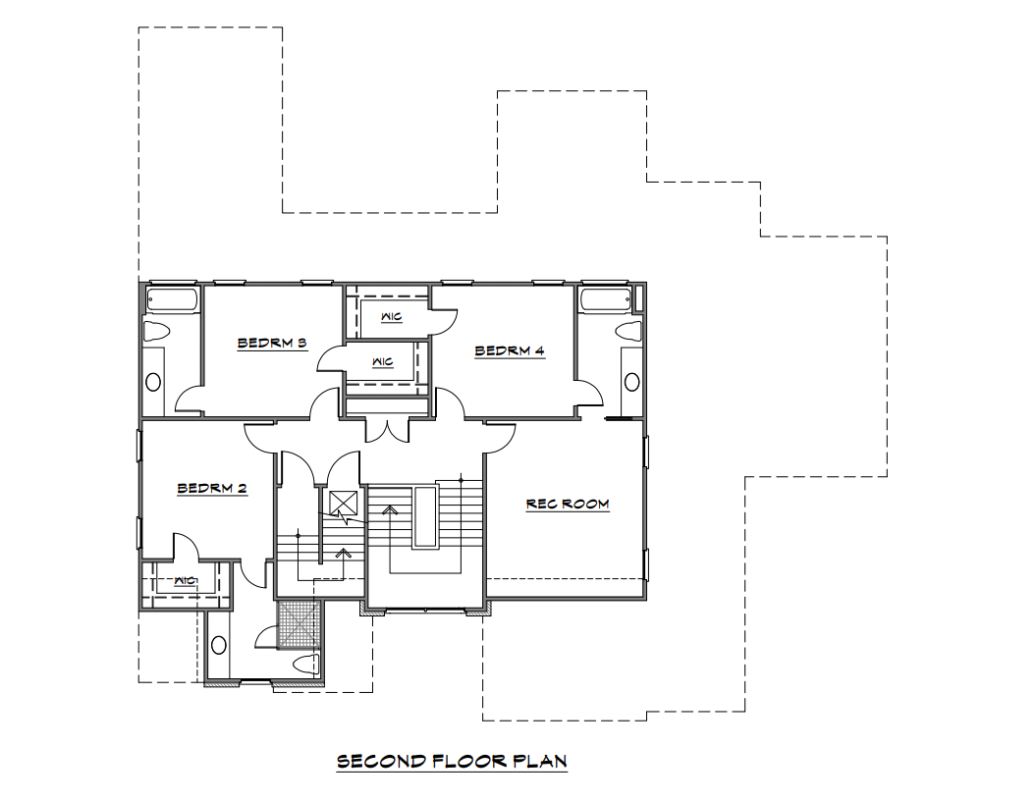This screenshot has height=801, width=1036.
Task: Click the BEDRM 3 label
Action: click(x=272, y=343)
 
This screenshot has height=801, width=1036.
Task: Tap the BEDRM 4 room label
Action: click(x=510, y=350)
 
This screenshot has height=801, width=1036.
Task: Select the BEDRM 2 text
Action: click(x=212, y=489)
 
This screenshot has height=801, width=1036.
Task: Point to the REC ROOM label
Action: click(x=568, y=504)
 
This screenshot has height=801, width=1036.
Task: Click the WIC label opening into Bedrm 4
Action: click(x=392, y=317)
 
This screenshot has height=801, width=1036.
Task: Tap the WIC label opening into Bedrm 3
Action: click(x=383, y=362)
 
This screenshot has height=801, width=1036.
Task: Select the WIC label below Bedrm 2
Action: click(x=186, y=580)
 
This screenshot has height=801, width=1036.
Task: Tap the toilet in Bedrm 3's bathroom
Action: click(x=156, y=331)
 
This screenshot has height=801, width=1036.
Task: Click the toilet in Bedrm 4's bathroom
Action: click(x=628, y=331)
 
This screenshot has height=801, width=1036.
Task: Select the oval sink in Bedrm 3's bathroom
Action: click(x=153, y=382)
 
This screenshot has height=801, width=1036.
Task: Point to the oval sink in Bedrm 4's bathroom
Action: click(x=631, y=382)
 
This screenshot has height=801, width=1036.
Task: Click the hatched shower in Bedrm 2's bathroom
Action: click(x=298, y=624)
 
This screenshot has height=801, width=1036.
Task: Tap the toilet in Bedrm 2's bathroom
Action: click(x=306, y=665)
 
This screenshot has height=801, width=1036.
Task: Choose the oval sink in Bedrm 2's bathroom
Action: click(x=219, y=645)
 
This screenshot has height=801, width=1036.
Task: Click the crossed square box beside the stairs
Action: click(x=344, y=503)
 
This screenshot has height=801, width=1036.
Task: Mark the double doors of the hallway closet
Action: click(x=389, y=431)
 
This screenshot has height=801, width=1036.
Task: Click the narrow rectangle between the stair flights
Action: click(x=425, y=516)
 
